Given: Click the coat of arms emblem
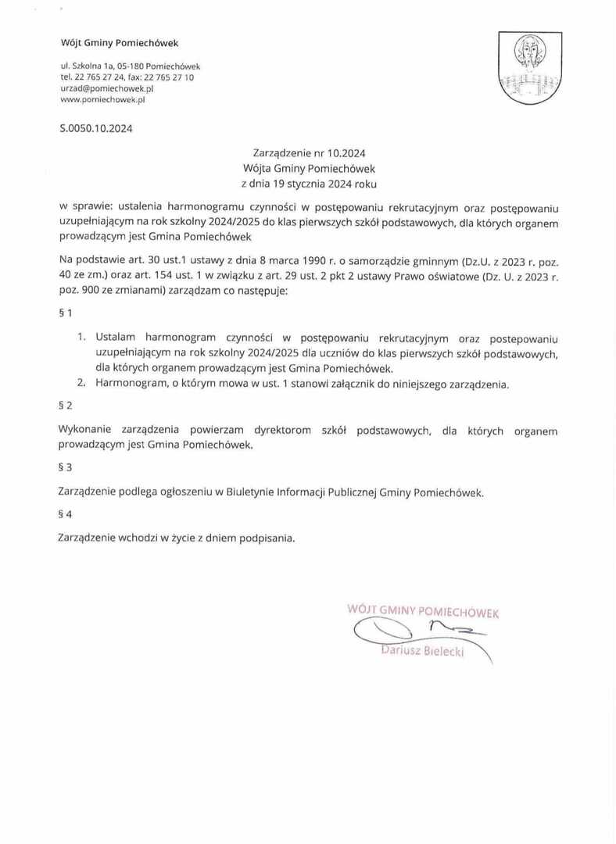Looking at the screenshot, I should point(531,68).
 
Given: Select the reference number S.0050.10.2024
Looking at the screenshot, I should point(96,129).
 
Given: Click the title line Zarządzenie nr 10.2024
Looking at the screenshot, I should point(309,153).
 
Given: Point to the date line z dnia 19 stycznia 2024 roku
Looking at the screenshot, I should point(309,184).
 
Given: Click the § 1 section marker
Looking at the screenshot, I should point(66,313).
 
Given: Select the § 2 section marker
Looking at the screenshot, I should point(66,406).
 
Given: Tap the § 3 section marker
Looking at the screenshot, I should point(66,467).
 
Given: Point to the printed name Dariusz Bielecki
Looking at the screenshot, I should point(421,651).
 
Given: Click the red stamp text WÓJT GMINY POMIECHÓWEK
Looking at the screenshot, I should point(423,610).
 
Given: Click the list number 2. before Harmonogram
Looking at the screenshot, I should point(81,384).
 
